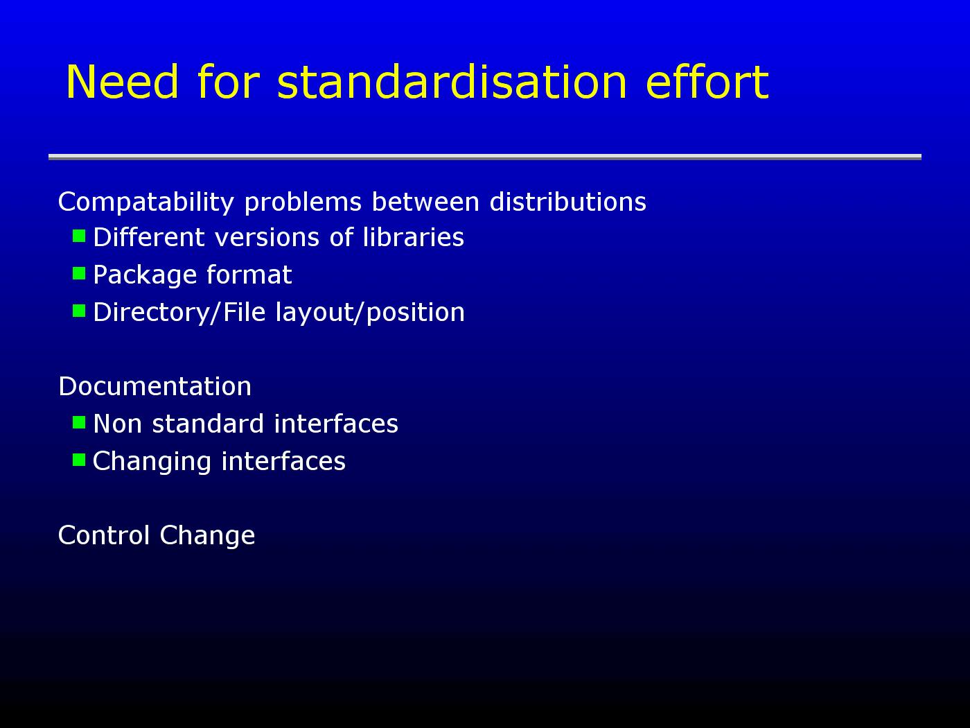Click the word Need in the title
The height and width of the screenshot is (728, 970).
click(x=123, y=82)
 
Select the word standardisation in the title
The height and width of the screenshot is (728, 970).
click(x=452, y=82)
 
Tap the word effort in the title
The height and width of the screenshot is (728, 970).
click(x=707, y=82)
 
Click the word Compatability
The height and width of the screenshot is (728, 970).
click(x=145, y=203)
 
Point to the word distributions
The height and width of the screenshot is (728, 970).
click(x=568, y=202)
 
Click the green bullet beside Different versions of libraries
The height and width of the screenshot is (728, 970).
click(x=79, y=236)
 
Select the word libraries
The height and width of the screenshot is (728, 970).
click(x=413, y=237)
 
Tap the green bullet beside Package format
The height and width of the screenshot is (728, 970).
click(x=79, y=274)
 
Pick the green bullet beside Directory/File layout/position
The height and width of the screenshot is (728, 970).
click(x=79, y=311)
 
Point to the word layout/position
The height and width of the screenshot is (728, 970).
click(x=370, y=313)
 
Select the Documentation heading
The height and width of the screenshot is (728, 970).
click(x=155, y=386)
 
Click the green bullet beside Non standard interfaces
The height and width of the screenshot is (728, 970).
click(x=79, y=422)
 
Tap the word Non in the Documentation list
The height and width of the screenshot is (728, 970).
click(x=118, y=424)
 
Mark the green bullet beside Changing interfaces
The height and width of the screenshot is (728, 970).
click(x=79, y=460)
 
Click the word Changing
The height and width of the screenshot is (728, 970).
click(x=152, y=462)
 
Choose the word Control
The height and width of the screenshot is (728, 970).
click(x=104, y=535)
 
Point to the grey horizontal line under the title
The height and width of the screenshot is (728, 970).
click(x=485, y=157)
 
